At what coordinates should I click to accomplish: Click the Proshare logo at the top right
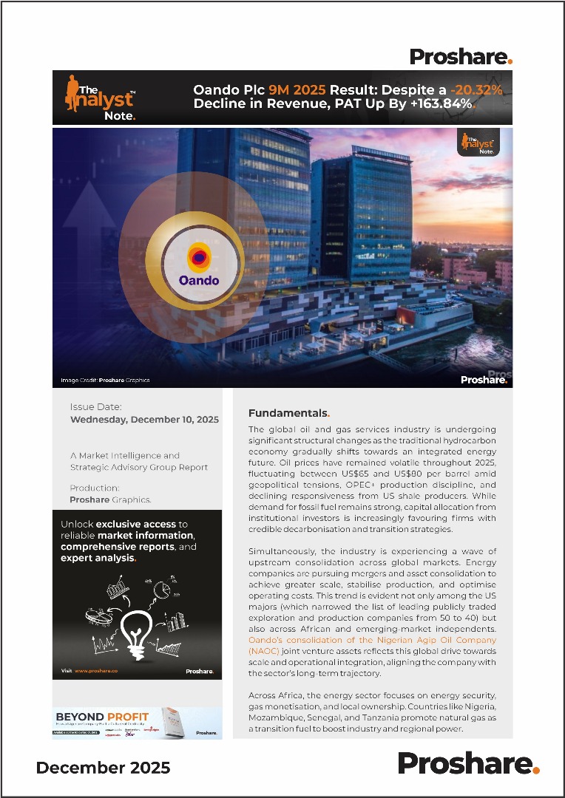[x=461, y=56]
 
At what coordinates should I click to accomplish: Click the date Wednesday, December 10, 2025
[x=144, y=419]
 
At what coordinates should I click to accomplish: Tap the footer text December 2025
[x=103, y=768]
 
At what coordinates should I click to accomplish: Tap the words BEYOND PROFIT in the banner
[x=102, y=717]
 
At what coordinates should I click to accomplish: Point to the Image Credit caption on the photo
[x=105, y=381]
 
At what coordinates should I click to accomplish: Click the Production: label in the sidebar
[x=95, y=488]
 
